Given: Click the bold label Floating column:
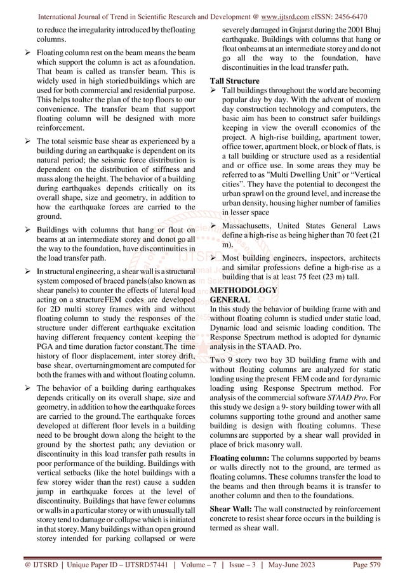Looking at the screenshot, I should [236, 458].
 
